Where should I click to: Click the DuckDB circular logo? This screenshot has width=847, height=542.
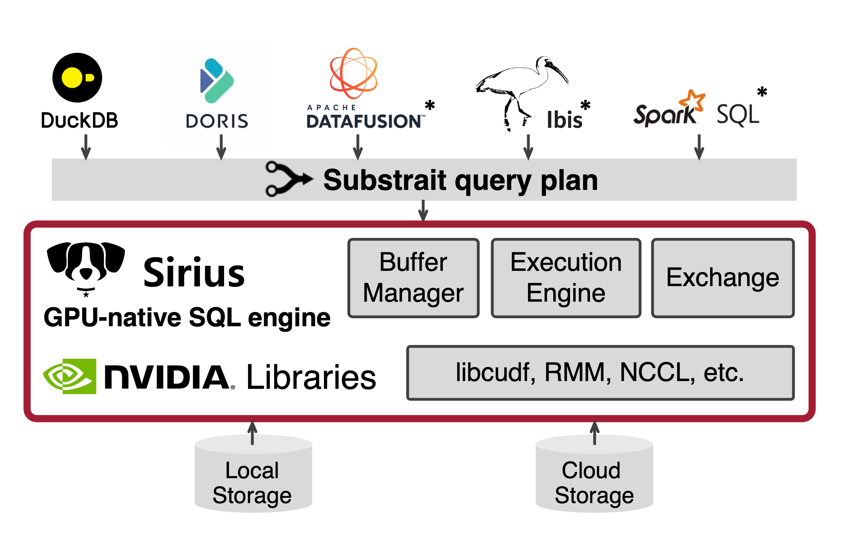click(x=77, y=78)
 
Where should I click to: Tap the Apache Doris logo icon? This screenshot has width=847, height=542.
click(x=216, y=81)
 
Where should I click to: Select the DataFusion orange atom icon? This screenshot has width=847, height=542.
click(x=353, y=73)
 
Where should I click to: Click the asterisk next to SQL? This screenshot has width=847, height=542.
click(x=762, y=92)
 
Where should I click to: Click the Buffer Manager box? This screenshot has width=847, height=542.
click(x=413, y=278)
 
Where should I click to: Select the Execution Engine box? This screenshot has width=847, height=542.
click(x=566, y=278)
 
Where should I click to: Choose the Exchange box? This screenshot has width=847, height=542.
click(x=723, y=278)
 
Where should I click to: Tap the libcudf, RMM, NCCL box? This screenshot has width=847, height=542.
click(x=600, y=373)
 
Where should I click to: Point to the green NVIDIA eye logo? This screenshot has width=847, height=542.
click(x=70, y=376)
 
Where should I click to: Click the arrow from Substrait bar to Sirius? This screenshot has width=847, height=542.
click(x=423, y=210)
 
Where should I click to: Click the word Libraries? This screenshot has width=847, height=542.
click(x=311, y=377)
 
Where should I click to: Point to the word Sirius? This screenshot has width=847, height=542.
click(x=194, y=273)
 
